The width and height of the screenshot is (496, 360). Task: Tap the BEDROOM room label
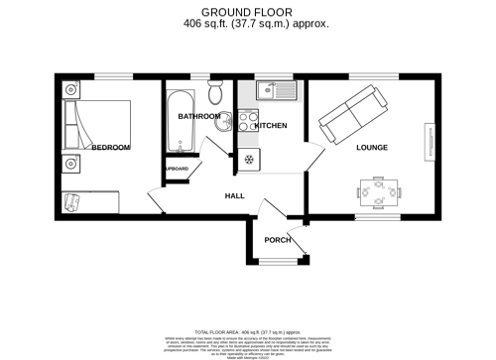[x=110, y=148]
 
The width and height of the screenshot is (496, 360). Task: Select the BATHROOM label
[x=198, y=116]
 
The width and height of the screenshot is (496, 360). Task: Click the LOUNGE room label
[x=372, y=148]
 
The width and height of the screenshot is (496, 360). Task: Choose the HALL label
[x=234, y=196]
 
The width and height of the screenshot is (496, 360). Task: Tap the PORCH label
[x=277, y=239]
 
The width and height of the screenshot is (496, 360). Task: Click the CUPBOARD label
[x=176, y=170]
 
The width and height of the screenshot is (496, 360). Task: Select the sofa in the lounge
[x=352, y=111]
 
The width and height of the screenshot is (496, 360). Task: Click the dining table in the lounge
[x=379, y=192]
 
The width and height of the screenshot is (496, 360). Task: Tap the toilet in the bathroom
[x=215, y=95]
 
